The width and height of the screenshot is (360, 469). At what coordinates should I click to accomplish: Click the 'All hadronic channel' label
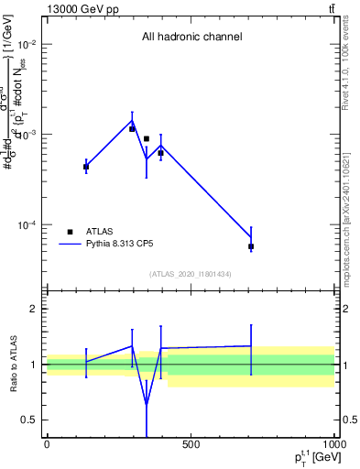[x=191, y=37]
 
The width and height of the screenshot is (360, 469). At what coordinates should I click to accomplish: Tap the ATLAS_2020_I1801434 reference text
[x=191, y=274]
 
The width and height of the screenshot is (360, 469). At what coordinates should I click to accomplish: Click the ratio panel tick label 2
[x=32, y=310]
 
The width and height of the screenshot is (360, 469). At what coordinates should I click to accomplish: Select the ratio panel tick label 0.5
[x=27, y=420]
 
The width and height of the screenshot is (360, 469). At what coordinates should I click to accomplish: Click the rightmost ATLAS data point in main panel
[x=251, y=246]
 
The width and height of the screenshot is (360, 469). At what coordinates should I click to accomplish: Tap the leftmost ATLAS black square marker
[x=86, y=167]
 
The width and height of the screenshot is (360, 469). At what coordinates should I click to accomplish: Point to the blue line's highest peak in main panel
[x=132, y=120]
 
